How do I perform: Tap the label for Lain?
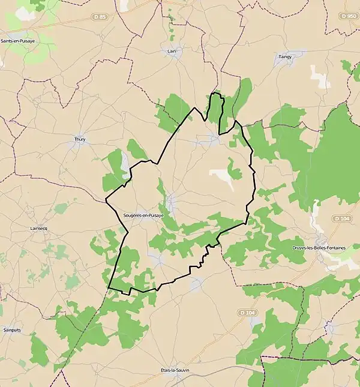click(x=173, y=51)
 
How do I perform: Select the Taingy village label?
click(x=284, y=57)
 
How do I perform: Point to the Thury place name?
click(x=80, y=139)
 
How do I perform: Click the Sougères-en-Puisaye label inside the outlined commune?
click(x=143, y=215)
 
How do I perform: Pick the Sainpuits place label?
click(x=12, y=330)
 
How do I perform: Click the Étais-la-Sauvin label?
click(x=175, y=370)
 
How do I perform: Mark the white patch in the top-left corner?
click(x=25, y=13)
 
